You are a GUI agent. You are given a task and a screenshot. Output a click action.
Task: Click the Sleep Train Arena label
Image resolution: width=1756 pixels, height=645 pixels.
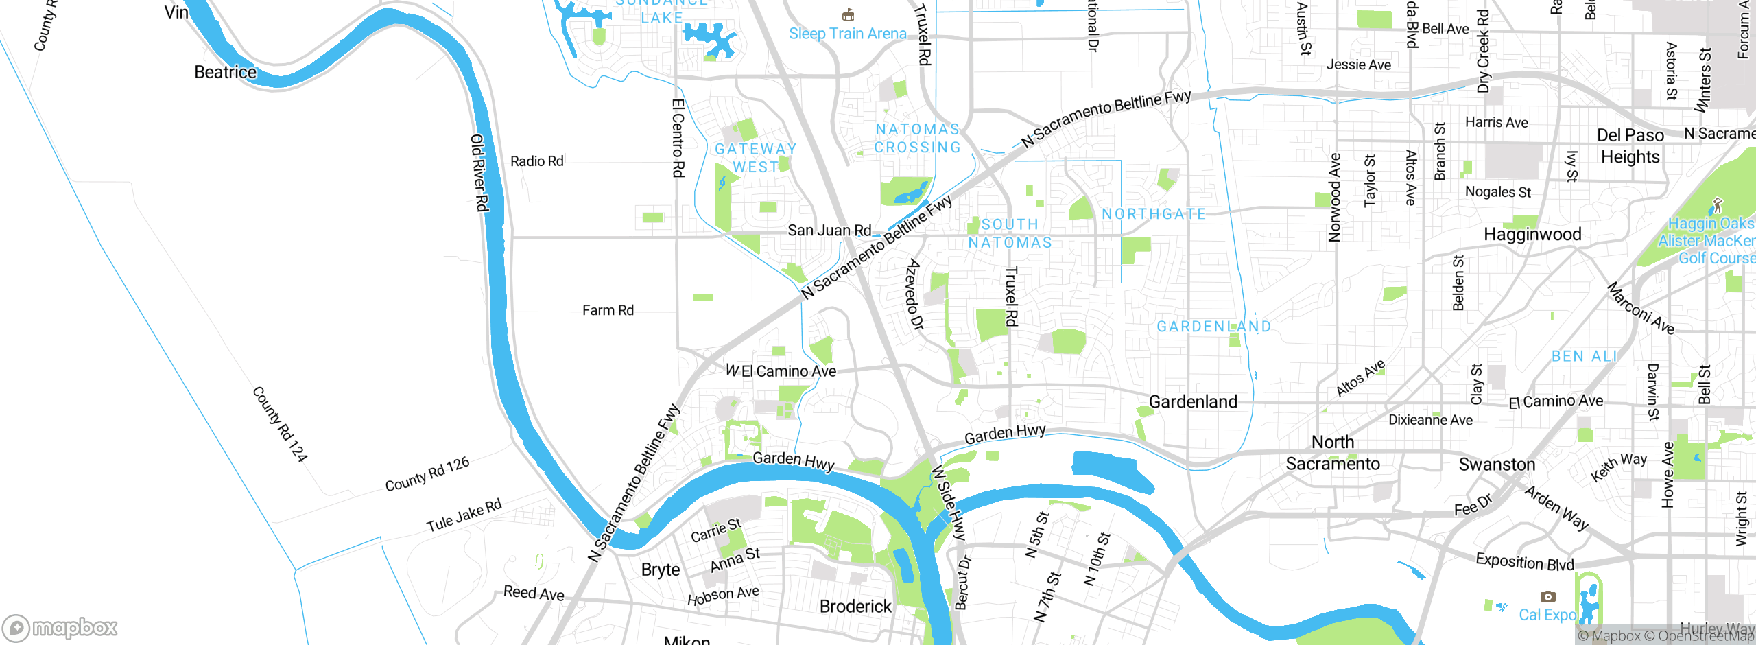[x=847, y=34]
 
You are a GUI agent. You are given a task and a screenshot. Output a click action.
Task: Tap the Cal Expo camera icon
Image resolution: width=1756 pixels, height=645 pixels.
[x=1547, y=596]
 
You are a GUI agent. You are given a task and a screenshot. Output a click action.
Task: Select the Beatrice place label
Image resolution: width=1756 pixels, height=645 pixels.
[x=225, y=72]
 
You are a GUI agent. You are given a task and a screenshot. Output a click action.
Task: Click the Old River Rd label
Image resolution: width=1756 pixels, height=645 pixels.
[x=479, y=173]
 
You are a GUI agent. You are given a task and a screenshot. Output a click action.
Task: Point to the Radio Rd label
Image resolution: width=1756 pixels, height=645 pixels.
[x=536, y=161]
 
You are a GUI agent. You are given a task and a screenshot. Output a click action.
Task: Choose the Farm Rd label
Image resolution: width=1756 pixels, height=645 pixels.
[x=608, y=310]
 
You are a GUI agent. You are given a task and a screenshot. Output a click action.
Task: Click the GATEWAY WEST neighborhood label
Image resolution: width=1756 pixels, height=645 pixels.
[x=755, y=158]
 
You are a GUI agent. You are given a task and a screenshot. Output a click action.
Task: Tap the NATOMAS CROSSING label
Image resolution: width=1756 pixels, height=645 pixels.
[x=917, y=138]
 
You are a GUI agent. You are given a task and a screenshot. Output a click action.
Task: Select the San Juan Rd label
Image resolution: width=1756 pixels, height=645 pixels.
[x=829, y=231]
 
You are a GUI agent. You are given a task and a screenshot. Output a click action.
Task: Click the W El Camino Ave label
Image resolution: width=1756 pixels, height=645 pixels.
[x=781, y=371]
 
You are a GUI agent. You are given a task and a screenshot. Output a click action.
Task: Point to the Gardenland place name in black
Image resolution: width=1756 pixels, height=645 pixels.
[x=1193, y=401]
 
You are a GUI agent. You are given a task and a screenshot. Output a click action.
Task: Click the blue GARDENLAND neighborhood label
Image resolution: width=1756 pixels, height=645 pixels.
[x=1213, y=327]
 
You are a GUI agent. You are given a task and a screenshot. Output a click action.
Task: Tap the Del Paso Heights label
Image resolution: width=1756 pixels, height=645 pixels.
[x=1630, y=145]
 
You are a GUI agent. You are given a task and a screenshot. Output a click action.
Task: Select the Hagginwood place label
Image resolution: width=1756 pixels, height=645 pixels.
[x=1532, y=235]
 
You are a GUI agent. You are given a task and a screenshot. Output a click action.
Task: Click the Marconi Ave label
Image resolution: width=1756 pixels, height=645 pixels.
[x=1641, y=308]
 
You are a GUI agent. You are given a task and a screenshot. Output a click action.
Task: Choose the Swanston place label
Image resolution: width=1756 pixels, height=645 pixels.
[x=1497, y=465]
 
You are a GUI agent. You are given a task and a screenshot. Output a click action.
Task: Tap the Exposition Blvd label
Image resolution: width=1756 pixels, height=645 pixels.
[x=1524, y=562]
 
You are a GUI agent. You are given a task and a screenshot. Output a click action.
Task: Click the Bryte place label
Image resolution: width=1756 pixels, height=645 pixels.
[x=660, y=570]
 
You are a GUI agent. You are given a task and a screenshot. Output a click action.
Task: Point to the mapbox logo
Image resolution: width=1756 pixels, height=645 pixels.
[x=60, y=627]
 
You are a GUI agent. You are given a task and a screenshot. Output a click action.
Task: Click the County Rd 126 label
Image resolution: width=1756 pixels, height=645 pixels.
[x=427, y=474]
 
